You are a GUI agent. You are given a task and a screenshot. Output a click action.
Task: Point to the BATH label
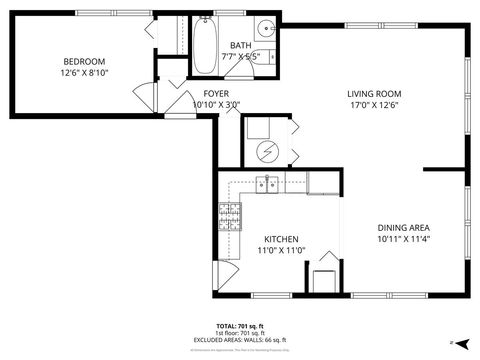click(x=241, y=45)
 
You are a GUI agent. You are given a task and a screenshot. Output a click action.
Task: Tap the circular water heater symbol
click(x=267, y=152)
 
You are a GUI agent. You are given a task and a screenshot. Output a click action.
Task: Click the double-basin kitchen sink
click(x=267, y=183)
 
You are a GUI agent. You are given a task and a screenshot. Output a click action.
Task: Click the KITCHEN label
click(x=281, y=239)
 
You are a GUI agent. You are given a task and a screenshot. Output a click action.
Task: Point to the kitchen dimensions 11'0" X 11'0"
click(x=281, y=250)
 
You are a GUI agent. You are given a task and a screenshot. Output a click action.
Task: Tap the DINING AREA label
click(x=405, y=227)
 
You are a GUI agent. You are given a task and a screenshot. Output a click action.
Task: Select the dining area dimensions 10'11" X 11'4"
click(x=405, y=238)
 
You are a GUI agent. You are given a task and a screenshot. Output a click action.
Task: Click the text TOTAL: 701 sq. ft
click(x=239, y=326)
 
